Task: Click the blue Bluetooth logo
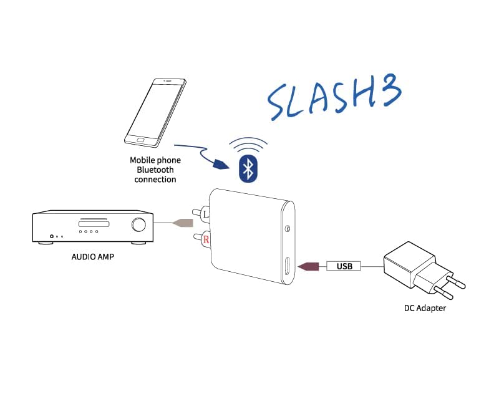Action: coord(248,169)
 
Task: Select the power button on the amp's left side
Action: coord(51,236)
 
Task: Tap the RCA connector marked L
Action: coord(206,215)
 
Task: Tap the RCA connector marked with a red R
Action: coord(205,238)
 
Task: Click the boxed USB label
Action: coord(344,267)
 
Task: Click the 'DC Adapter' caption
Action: coord(425,309)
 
